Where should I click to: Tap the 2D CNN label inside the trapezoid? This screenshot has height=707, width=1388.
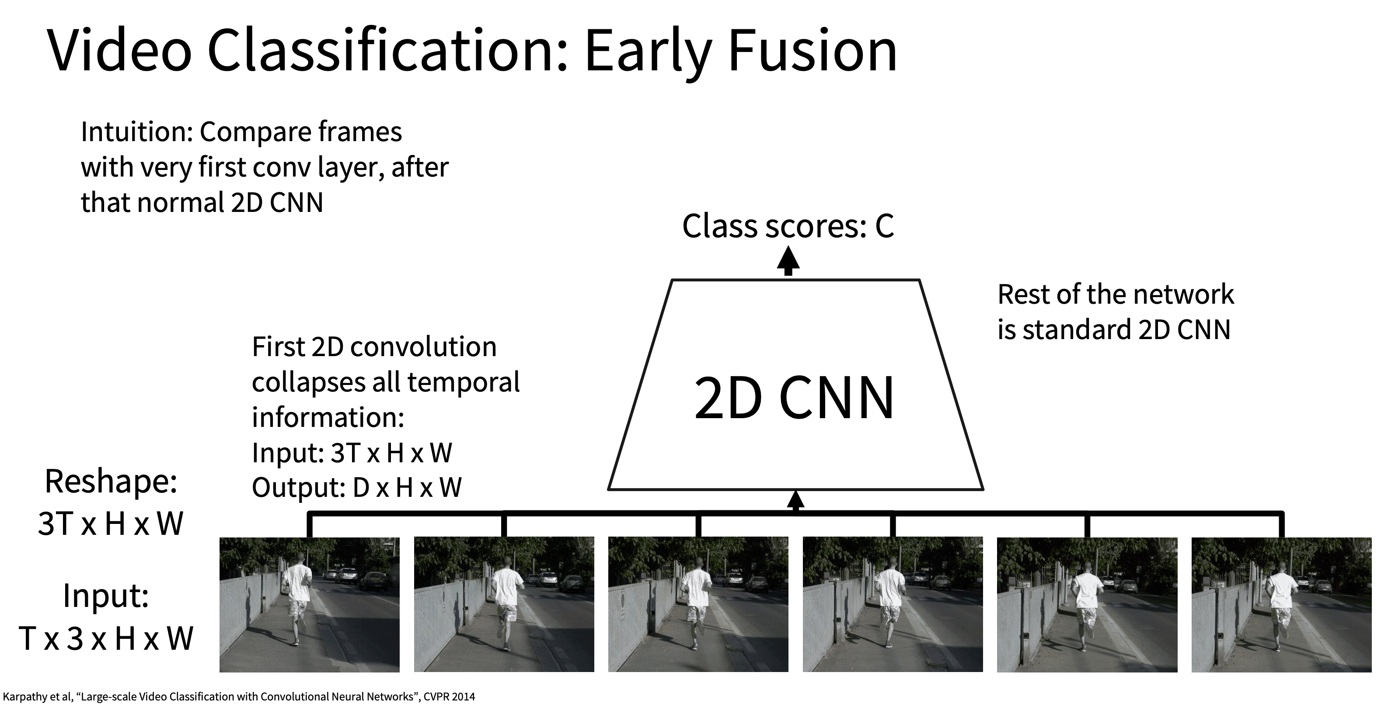tap(794, 399)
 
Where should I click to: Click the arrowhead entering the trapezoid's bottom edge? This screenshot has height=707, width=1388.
tap(795, 499)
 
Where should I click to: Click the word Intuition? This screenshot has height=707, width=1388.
tap(136, 132)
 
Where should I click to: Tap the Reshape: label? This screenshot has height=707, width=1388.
tap(111, 482)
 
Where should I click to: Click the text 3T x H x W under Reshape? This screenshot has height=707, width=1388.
tap(111, 523)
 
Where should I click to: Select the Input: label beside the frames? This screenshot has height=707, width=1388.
tap(106, 596)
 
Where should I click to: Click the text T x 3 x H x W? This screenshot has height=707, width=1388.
tap(106, 638)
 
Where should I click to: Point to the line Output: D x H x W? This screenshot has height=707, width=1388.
tap(357, 488)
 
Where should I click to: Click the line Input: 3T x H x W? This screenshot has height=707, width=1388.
tap(352, 453)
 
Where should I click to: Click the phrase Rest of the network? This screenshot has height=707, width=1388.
tap(1116, 295)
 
